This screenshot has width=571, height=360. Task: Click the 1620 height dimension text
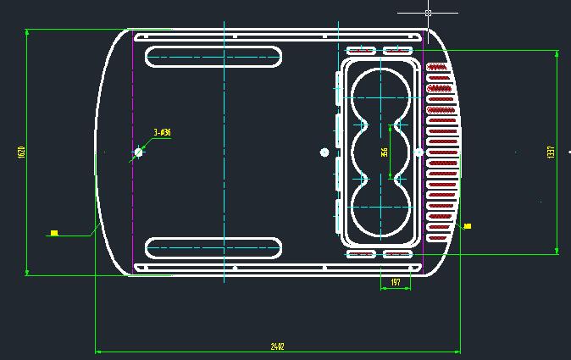(x=22, y=152)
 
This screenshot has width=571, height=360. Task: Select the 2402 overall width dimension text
(x=277, y=346)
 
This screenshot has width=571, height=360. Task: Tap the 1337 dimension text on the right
(x=551, y=152)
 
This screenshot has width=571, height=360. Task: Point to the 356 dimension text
(x=384, y=152)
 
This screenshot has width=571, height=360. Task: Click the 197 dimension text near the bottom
(x=396, y=282)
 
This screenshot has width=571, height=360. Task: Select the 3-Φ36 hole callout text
(x=162, y=132)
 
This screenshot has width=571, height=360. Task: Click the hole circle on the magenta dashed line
(x=139, y=152)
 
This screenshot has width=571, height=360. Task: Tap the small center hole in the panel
(x=324, y=152)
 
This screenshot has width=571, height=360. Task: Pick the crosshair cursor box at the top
(x=428, y=13)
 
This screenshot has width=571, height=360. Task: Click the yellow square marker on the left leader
(x=54, y=232)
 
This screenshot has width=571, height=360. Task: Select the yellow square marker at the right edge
(x=467, y=225)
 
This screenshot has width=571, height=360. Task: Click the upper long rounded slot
(x=213, y=57)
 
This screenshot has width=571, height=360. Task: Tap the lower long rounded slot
(x=213, y=248)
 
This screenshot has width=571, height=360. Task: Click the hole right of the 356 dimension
(x=419, y=152)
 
